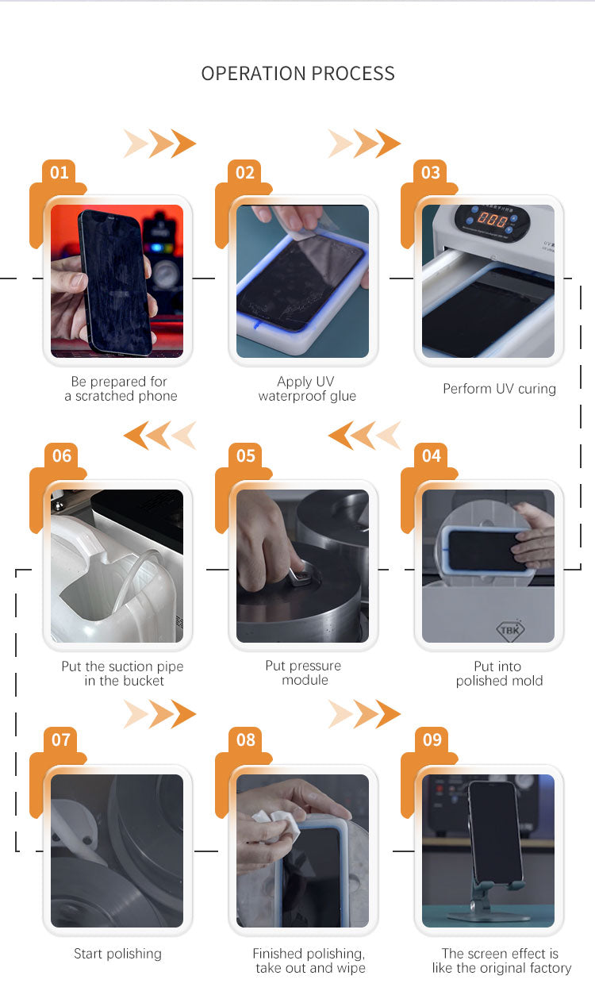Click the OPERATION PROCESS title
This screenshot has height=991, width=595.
[297, 74]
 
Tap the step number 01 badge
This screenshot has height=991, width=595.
[59, 172]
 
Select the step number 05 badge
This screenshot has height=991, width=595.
[246, 455]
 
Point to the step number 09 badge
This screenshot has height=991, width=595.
[432, 739]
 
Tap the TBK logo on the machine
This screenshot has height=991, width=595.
[509, 630]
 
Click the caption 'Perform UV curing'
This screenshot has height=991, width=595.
[499, 389]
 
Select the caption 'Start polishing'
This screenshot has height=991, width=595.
[117, 954]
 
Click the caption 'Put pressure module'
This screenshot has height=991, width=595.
[304, 673]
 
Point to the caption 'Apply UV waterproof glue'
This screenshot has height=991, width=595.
[306, 389]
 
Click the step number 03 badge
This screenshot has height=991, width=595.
[431, 172]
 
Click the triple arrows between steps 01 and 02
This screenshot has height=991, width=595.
[159, 144]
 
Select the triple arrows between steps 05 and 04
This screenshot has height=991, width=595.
[364, 436]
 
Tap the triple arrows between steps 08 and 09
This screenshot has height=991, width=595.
[364, 714]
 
